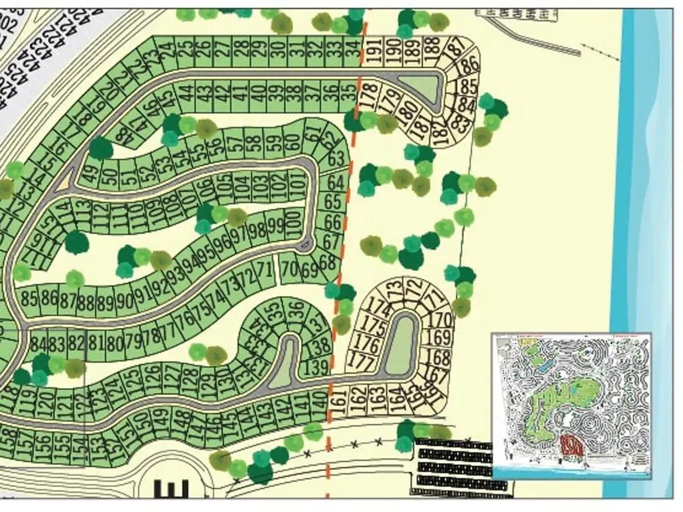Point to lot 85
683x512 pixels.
pos(29,299)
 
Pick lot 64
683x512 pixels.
pos(335,182)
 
